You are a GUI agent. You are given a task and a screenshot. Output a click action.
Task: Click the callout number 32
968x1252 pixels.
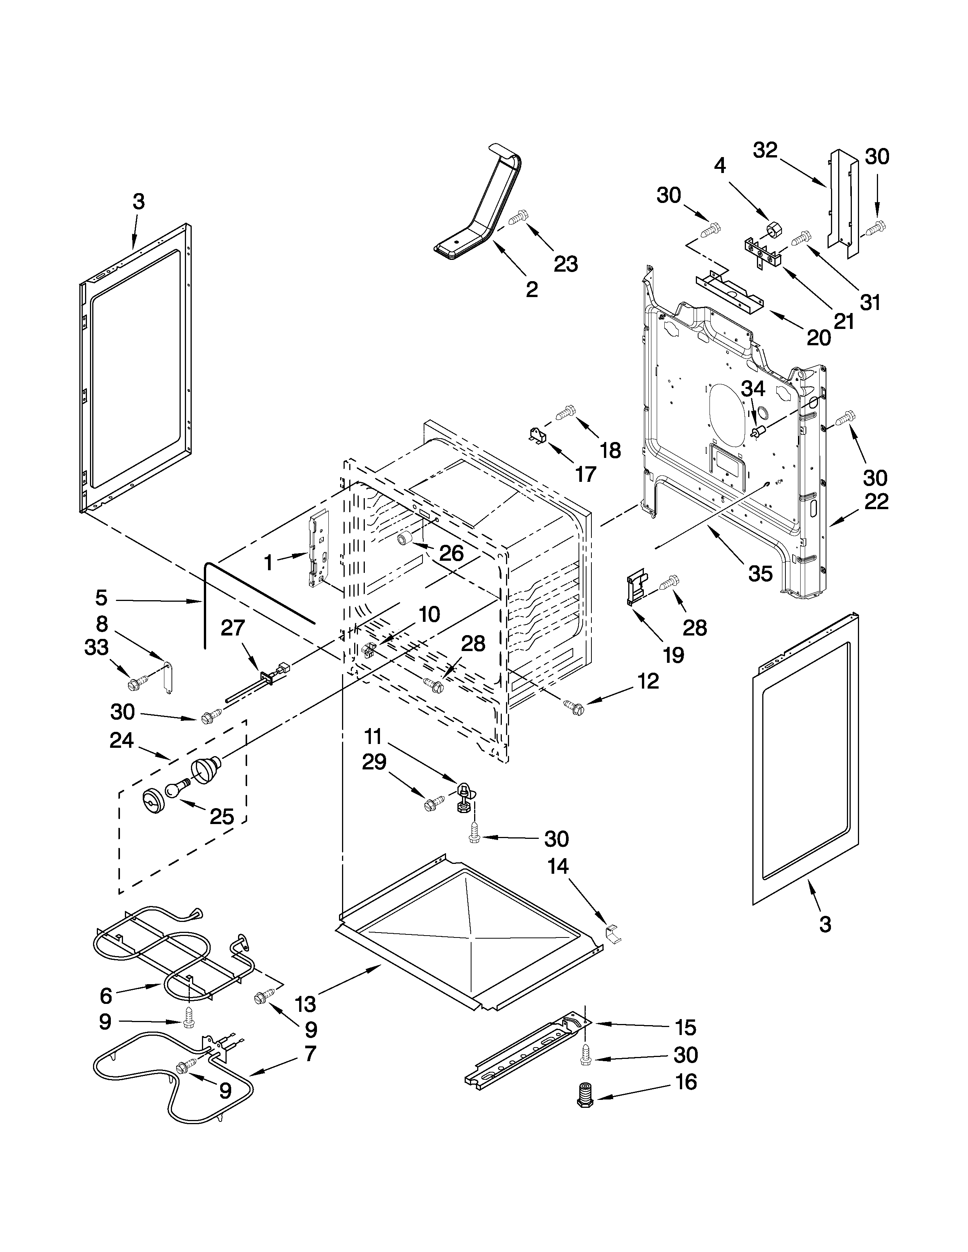pyautogui.click(x=765, y=150)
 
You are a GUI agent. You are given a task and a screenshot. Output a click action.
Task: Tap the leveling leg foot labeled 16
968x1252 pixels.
pyautogui.click(x=584, y=1096)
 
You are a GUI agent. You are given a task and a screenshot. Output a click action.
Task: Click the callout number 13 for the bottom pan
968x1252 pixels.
pyautogui.click(x=306, y=1004)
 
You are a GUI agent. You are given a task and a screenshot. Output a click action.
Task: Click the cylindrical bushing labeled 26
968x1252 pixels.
pyautogui.click(x=406, y=539)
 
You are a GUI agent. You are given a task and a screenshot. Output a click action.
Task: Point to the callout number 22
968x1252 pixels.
pyautogui.click(x=876, y=502)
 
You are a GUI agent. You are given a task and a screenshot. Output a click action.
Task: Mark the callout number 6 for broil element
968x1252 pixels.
pyautogui.click(x=106, y=996)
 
